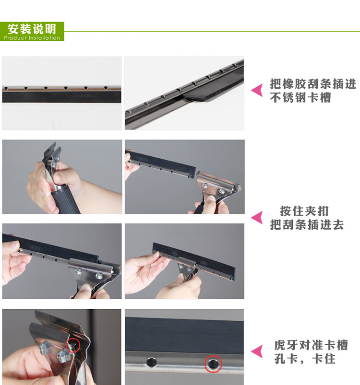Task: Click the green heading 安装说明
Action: pyautogui.click(x=32, y=29)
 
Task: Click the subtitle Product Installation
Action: pyautogui.click(x=32, y=38)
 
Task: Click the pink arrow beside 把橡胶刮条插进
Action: pyautogui.click(x=257, y=90)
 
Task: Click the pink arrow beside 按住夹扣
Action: pyautogui.click(x=257, y=218)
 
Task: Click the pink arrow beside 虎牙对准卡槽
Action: pyautogui.click(x=257, y=351)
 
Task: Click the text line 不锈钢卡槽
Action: pyautogui.click(x=300, y=97)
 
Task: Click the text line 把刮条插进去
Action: pyautogui.click(x=307, y=224)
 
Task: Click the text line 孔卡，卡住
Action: pyautogui.click(x=305, y=359)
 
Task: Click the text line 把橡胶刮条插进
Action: pyautogui.click(x=313, y=84)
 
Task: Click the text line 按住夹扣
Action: pyautogui.click(x=304, y=211)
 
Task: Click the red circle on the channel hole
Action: pyautogui.click(x=213, y=363)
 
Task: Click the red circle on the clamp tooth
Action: pyautogui.click(x=73, y=345)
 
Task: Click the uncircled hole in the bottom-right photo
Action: pyautogui.click(x=151, y=362)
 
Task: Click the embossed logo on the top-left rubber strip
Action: pyautogui.click(x=84, y=95)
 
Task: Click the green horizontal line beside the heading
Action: pyautogui.click(x=212, y=32)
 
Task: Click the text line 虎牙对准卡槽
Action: pyautogui.click(x=311, y=345)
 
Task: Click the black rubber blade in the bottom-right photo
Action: pyautogui.click(x=184, y=336)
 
